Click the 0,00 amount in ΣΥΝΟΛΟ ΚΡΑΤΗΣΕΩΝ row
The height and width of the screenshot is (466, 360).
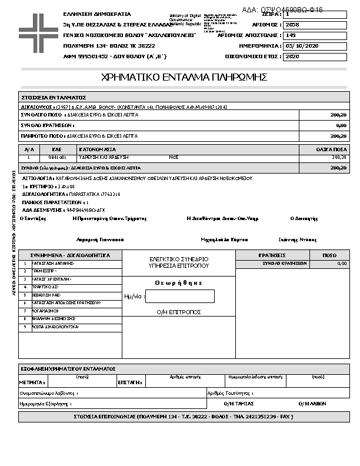point(341,125)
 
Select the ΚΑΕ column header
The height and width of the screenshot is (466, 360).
point(57,149)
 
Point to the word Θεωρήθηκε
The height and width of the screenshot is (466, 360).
point(179,283)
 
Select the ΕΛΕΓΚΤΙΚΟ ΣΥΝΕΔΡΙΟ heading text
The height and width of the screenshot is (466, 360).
point(179,259)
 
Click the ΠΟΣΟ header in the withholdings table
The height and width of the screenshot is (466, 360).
point(330,255)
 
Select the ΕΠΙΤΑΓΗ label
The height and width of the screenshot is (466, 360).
point(129,382)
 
